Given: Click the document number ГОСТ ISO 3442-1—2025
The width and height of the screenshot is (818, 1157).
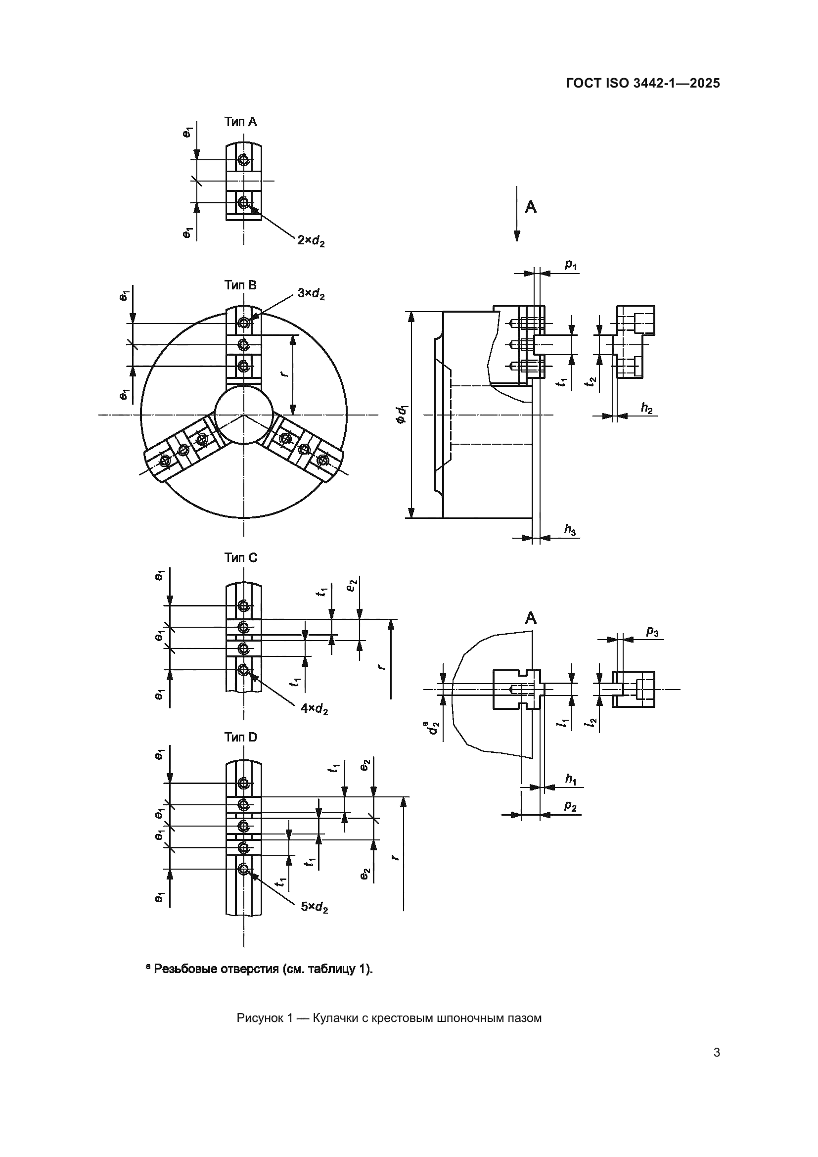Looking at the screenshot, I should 643,83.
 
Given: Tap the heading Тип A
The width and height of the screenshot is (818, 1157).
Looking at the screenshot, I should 240,122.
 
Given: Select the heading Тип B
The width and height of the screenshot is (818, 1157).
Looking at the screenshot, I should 240,285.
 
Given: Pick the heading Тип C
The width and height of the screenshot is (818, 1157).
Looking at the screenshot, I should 240,557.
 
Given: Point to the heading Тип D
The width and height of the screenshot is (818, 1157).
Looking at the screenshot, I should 240,737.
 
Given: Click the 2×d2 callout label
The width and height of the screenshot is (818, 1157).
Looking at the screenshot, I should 311,241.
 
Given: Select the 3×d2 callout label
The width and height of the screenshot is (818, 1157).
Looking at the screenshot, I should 311,293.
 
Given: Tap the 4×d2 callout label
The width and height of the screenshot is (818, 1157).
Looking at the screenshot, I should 315,709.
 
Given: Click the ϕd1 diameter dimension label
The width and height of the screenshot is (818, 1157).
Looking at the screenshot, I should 402,414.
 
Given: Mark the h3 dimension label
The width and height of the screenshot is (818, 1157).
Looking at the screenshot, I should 570,530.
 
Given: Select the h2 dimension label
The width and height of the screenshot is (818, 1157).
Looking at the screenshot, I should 646,408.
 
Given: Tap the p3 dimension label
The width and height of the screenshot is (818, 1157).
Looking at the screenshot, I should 652,631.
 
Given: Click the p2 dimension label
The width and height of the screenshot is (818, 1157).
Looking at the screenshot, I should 570,806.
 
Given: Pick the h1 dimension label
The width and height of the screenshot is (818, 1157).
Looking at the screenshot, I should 570,779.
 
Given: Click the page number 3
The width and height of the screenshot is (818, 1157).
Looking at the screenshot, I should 716,1053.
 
